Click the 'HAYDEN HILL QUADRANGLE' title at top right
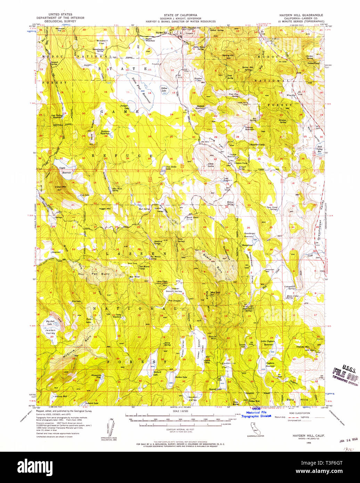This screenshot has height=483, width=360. point(301,15)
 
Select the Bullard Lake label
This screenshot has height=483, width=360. point(157,373)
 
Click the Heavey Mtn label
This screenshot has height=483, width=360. point(302,347)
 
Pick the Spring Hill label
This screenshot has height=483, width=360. point(228,56)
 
